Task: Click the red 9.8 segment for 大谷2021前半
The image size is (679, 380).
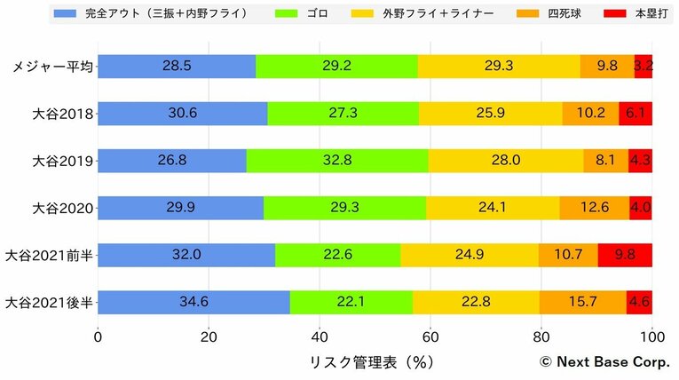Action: click(x=625, y=255)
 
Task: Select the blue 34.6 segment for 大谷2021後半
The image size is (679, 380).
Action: click(x=193, y=303)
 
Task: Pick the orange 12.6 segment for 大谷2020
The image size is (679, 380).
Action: click(x=595, y=208)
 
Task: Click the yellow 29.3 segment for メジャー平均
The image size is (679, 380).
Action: click(x=499, y=67)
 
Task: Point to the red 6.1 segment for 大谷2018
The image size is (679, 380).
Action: click(x=636, y=114)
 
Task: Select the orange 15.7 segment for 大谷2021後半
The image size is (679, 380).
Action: click(x=582, y=303)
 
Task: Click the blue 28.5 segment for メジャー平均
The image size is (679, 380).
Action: click(x=177, y=67)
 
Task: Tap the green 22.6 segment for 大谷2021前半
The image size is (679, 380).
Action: click(x=338, y=255)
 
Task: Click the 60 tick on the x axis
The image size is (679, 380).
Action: click(x=430, y=337)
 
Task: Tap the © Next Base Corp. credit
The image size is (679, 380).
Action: click(x=604, y=362)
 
